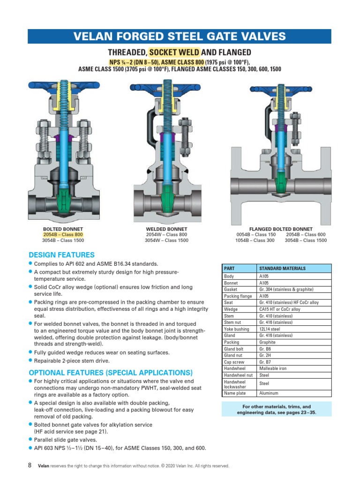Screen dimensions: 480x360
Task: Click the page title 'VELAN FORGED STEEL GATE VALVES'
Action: tap(180, 37)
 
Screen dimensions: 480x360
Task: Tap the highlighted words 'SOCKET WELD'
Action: tap(174, 52)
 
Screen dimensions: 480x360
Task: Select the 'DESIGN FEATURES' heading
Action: tap(61, 255)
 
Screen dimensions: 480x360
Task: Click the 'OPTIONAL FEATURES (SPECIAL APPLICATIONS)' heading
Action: tap(111, 373)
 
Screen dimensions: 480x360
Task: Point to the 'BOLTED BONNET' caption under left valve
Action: tap(63, 229)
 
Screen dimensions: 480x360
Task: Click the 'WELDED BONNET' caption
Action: tap(166, 229)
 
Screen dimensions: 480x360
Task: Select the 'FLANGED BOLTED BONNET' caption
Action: tap(281, 229)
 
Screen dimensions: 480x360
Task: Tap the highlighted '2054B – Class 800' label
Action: tap(63, 234)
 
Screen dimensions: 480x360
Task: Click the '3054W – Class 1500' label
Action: tap(166, 240)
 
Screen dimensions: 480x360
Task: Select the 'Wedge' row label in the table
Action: tap(231, 309)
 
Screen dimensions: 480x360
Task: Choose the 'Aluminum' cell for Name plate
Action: tap(269, 393)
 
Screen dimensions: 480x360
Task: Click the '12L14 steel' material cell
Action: tap(270, 329)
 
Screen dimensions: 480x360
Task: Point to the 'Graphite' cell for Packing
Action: tap(268, 342)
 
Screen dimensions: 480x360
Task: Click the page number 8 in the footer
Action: tap(30, 465)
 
